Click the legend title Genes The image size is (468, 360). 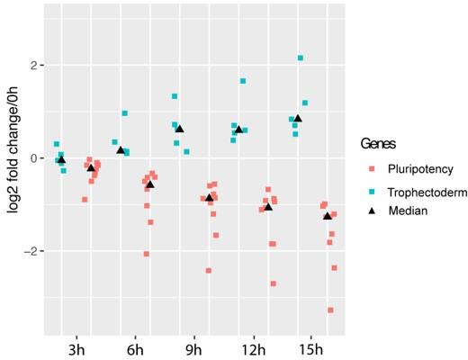click(x=379, y=143)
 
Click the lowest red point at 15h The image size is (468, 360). click(x=331, y=310)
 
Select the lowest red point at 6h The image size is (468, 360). click(x=146, y=254)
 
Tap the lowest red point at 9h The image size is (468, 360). click(x=209, y=270)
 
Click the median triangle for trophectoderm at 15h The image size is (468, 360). click(x=298, y=118)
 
